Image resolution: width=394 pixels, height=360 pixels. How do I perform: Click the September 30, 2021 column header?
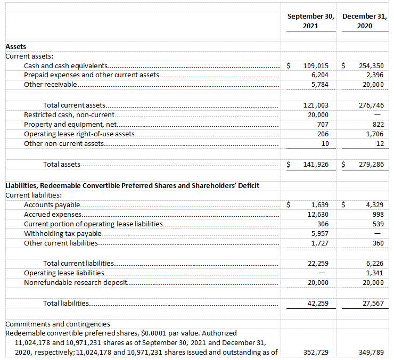[x=311, y=21]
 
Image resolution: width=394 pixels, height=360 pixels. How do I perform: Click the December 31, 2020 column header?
[x=364, y=21]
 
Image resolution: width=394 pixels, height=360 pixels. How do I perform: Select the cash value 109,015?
[x=316, y=66]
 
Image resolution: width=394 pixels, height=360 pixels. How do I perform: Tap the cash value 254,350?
[x=371, y=66]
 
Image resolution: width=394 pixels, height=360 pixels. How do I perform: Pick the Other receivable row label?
[x=51, y=85]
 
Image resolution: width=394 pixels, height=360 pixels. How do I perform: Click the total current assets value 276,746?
[x=371, y=105]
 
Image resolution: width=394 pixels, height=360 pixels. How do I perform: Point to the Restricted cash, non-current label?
[x=69, y=115]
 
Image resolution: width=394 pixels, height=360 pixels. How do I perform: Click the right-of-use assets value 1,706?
[x=375, y=134]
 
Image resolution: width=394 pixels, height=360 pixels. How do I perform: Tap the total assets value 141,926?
[x=316, y=164]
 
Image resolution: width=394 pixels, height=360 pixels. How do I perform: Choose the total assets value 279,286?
[x=371, y=164]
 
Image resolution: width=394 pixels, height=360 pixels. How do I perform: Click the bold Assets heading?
[x=15, y=47]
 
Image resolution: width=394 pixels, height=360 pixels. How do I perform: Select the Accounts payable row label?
[x=52, y=204]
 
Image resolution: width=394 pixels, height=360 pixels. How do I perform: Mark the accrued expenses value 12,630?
[x=318, y=214]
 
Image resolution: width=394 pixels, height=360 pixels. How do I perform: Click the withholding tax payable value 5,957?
[x=320, y=233]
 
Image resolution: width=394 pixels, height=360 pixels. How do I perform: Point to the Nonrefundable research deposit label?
[x=76, y=282]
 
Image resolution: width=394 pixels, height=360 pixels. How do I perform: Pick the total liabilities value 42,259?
[x=318, y=303]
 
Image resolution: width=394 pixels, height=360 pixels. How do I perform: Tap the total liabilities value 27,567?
[x=372, y=303]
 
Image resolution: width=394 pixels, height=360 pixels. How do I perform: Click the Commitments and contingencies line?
[x=58, y=324]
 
